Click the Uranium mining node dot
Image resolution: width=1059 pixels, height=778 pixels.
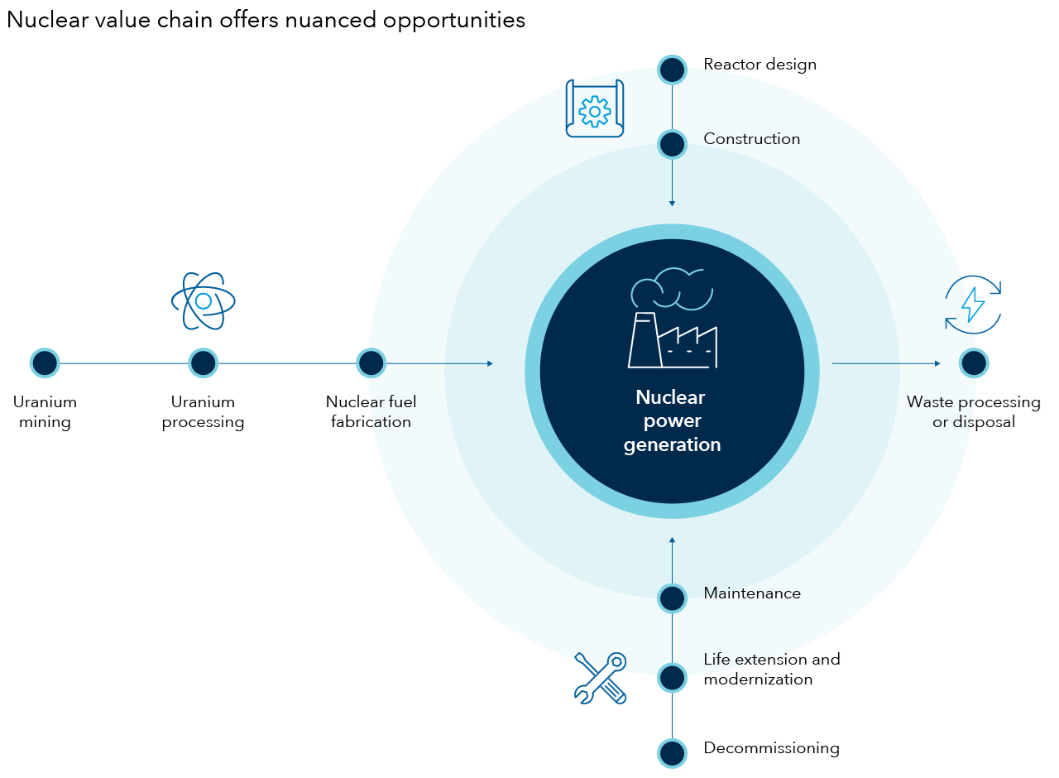pos(45,363)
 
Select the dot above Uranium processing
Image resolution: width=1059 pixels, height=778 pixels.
pos(203,363)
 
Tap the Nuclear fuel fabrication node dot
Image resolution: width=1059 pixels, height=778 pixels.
pos(371,363)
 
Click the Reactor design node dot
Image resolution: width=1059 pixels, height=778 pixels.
pos(672,70)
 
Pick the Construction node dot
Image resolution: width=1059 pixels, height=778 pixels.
pos(672,144)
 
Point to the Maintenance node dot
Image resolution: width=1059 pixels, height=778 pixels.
pos(672,598)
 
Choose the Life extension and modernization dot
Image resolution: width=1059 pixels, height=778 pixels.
pos(672,678)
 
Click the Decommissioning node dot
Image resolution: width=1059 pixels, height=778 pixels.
pos(672,753)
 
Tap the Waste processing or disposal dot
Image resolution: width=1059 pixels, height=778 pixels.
pos(974,363)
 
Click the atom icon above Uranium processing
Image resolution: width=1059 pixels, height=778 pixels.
pos(203,301)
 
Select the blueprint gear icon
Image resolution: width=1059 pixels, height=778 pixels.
pos(594,108)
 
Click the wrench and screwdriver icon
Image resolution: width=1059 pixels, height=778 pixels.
pos(601,678)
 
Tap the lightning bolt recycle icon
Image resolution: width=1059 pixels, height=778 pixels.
pos(973,305)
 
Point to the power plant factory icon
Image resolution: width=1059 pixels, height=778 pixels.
pos(672,319)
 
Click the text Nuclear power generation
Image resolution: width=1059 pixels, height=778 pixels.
pos(672,420)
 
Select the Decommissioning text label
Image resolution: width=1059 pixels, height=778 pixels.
pos(771,748)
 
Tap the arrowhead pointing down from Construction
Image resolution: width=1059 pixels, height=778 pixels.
pos(672,203)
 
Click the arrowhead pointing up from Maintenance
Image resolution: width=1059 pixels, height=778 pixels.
pos(672,540)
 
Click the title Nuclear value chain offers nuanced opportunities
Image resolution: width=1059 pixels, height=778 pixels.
pos(266,20)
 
